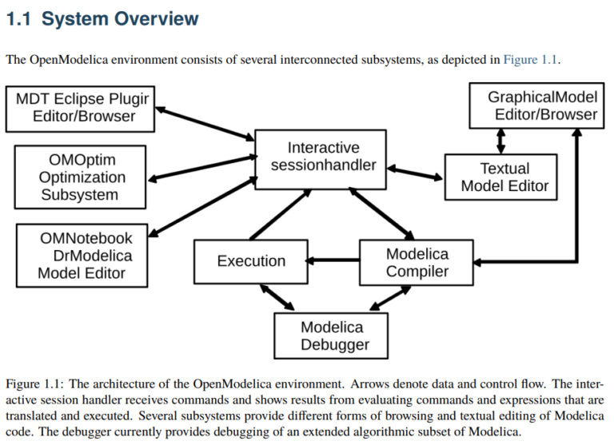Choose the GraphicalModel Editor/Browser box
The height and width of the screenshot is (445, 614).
pos(535,106)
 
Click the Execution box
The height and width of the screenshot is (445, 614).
pos(251,261)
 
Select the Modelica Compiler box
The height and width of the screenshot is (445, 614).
pos(417,263)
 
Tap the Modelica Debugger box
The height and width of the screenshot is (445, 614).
pos(332,336)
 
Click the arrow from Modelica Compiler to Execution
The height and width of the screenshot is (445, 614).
pos(334,260)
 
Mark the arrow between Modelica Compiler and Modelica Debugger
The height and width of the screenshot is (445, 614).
pos(389,298)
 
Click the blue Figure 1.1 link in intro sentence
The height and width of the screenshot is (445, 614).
pos(531,59)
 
